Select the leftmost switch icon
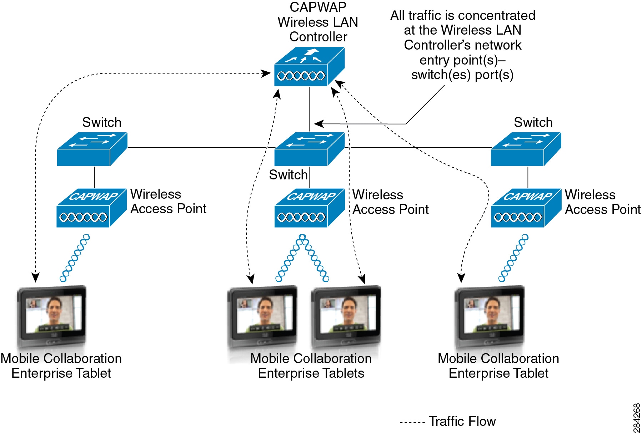[x=92, y=149]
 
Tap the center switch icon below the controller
[x=309, y=149]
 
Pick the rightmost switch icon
[x=526, y=149]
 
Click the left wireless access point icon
[x=91, y=208]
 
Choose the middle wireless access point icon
[x=309, y=208]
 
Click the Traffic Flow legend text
[x=462, y=421]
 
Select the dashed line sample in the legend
[x=412, y=423]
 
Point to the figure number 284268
[x=636, y=418]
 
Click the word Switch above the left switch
[x=102, y=122]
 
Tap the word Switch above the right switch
[x=533, y=122]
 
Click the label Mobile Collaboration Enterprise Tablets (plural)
[x=311, y=366]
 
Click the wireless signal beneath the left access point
[x=75, y=258]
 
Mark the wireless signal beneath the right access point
[x=513, y=258]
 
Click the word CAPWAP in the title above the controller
[x=318, y=7]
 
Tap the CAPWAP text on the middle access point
[x=311, y=196]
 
